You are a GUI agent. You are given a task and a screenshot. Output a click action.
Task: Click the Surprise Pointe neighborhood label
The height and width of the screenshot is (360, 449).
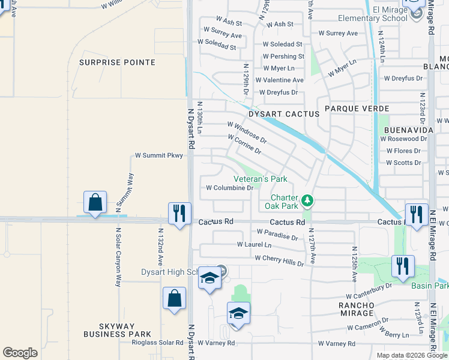click(x=118, y=62)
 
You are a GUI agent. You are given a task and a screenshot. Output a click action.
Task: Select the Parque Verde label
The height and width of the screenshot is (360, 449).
click(x=357, y=109)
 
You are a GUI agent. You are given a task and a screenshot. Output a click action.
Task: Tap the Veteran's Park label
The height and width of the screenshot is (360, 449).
click(x=260, y=179)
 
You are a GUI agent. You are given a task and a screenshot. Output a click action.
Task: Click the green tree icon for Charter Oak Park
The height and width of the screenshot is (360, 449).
click(x=307, y=200)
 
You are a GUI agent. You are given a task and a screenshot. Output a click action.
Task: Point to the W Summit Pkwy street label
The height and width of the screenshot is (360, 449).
click(x=158, y=155)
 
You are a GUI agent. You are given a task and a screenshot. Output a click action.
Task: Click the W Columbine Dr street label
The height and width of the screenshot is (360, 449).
click(x=230, y=188)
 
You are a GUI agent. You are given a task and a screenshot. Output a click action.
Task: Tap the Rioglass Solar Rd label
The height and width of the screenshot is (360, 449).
click(x=158, y=343)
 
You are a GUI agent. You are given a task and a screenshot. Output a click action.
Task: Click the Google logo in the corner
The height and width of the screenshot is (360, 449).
click(x=20, y=353)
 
